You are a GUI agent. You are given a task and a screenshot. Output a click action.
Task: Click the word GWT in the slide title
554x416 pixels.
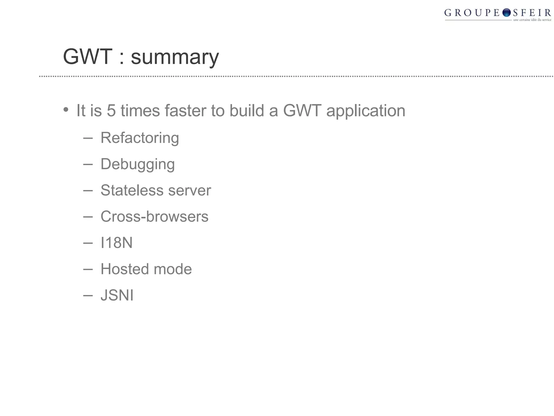[x=87, y=57]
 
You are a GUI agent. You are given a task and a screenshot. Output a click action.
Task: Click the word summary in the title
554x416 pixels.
[x=175, y=57]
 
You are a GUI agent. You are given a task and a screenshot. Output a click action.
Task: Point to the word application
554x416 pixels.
[x=366, y=111]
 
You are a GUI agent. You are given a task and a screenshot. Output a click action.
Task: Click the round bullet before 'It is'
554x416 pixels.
[x=66, y=110]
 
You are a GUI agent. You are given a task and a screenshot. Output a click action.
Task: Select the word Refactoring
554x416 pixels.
[x=140, y=138]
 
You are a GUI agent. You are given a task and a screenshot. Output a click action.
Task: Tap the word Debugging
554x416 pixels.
[x=137, y=164]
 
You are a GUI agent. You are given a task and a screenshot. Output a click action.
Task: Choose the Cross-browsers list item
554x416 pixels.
[x=154, y=217]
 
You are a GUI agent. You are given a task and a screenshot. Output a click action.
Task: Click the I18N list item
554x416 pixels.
[x=116, y=243]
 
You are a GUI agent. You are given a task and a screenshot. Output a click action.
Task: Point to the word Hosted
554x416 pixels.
[x=125, y=269]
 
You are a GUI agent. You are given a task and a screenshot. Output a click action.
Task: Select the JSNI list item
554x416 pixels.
[x=117, y=295]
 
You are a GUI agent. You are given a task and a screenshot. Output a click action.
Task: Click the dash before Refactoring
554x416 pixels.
[x=88, y=138]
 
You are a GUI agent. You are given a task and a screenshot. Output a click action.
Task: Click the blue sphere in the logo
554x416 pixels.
[x=506, y=13]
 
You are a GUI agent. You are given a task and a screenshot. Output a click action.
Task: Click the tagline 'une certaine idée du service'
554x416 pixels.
[x=532, y=20]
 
